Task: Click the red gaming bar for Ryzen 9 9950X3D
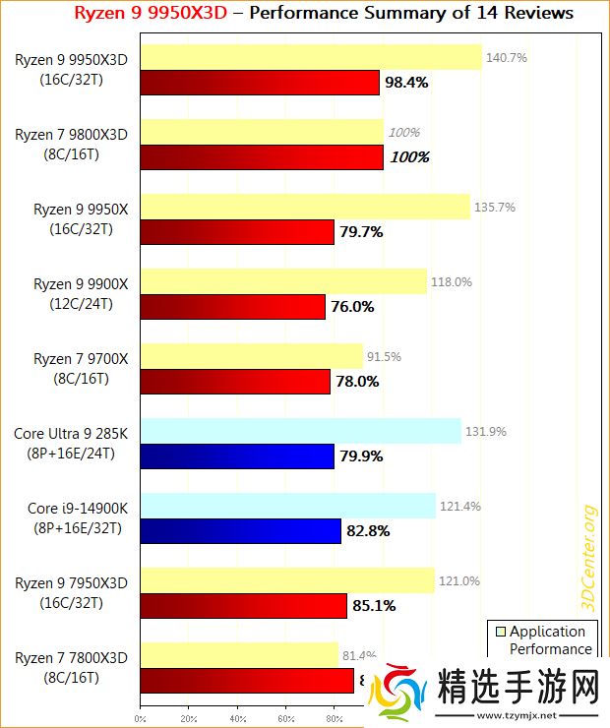click(x=260, y=83)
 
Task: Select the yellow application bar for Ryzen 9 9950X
click(x=305, y=207)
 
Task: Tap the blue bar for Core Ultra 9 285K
click(x=237, y=456)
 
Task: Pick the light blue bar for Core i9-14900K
click(x=287, y=506)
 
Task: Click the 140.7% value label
click(x=507, y=58)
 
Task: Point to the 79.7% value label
click(x=361, y=232)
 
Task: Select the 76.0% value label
click(x=352, y=307)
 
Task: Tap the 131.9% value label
click(x=486, y=431)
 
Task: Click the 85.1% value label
click(x=374, y=606)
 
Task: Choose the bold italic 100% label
click(x=409, y=157)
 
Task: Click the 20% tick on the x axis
click(x=189, y=718)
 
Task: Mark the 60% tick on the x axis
click(x=286, y=718)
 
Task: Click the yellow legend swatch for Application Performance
click(x=499, y=632)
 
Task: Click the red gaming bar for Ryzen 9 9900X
click(x=232, y=307)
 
